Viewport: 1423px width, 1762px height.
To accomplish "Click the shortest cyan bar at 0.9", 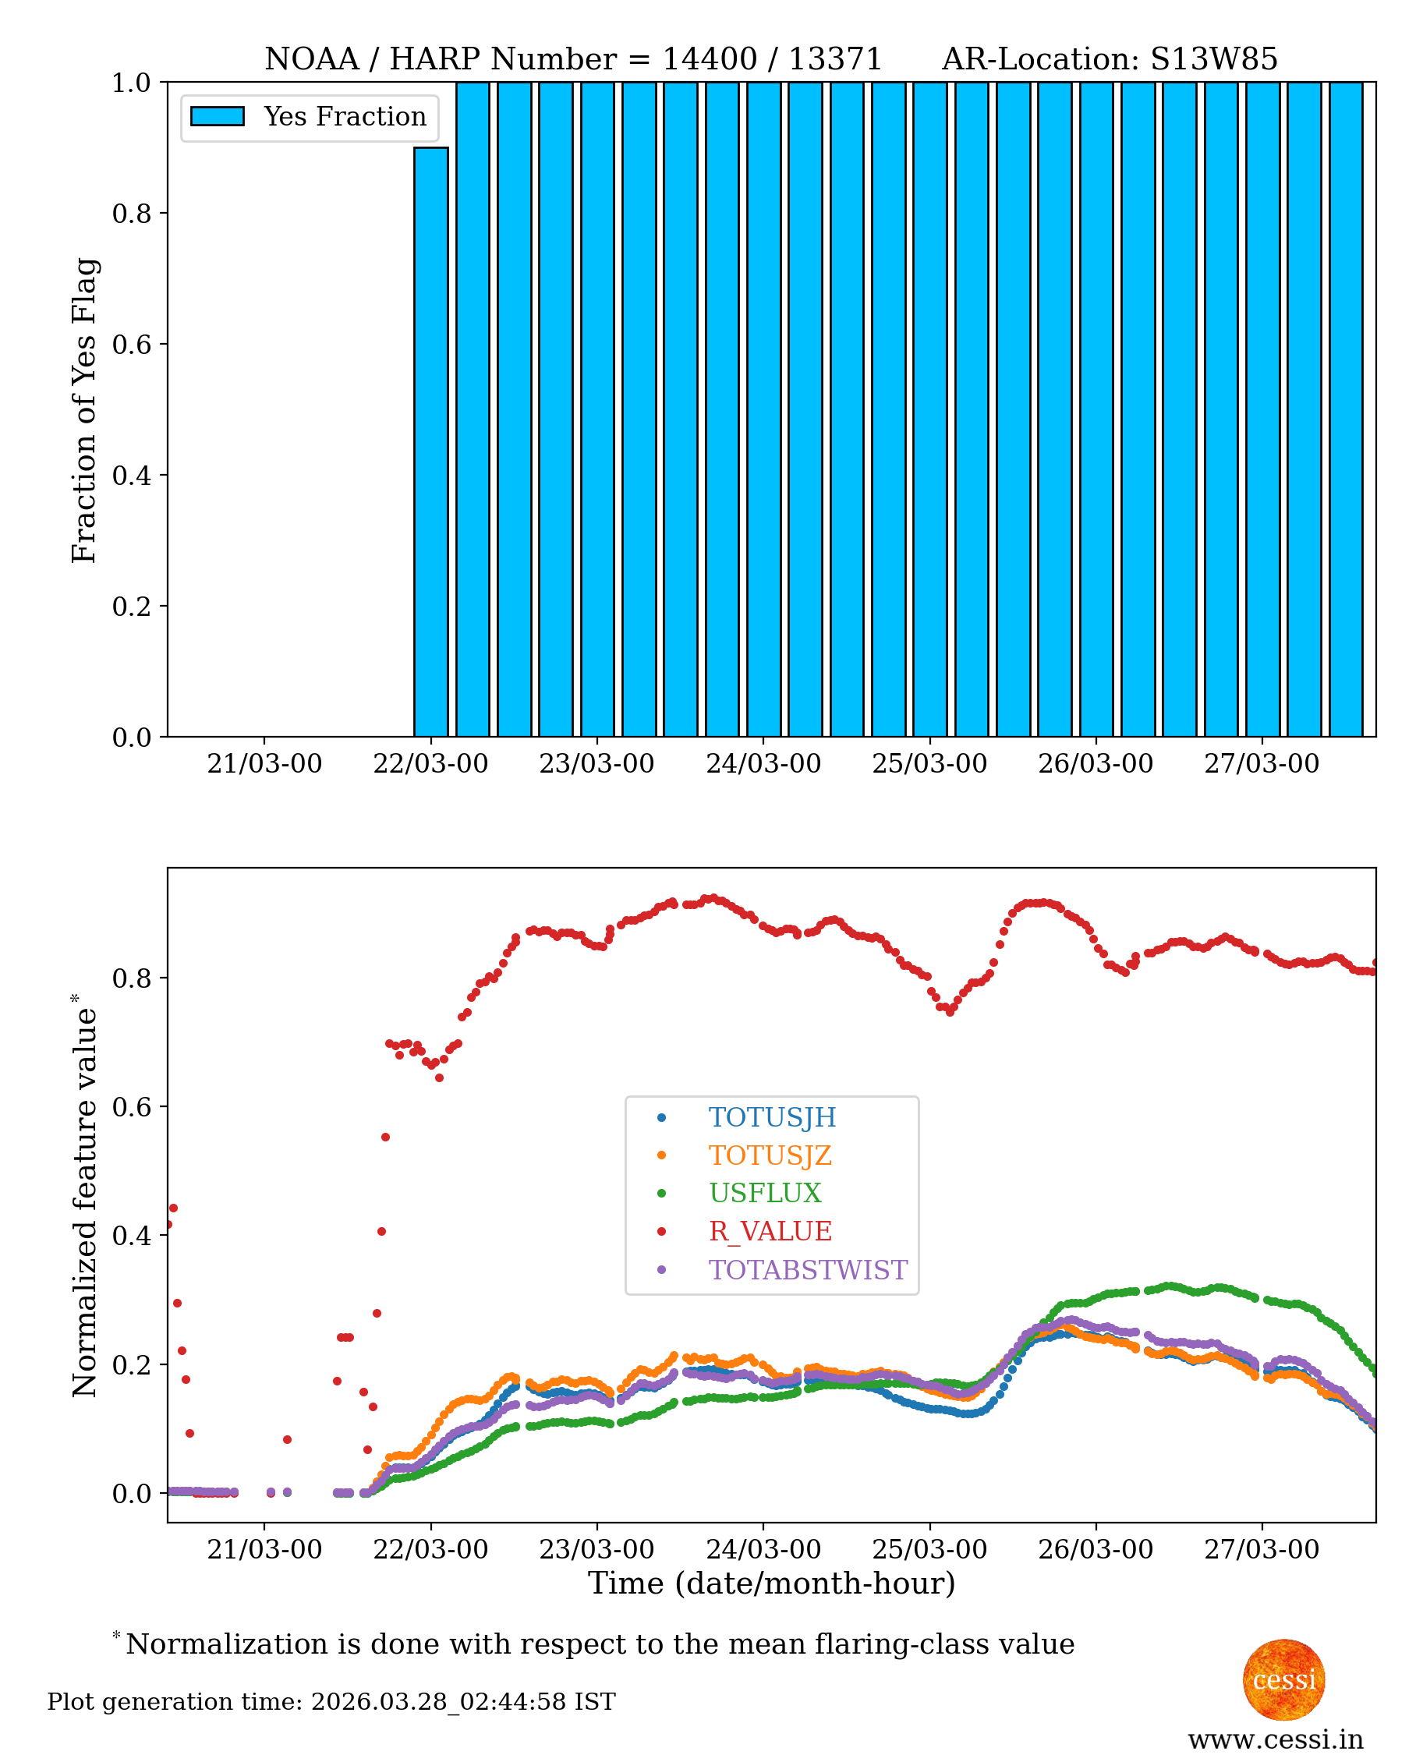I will tap(431, 442).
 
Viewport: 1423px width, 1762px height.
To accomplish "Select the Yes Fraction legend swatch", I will tap(218, 116).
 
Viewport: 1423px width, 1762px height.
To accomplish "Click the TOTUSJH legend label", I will tap(772, 1118).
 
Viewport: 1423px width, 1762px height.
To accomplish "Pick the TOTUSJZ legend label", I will tap(770, 1155).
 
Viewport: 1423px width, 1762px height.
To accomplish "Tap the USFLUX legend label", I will tap(765, 1193).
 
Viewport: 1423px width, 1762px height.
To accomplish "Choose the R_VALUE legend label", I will tap(770, 1231).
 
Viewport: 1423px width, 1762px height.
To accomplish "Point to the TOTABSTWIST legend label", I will tap(807, 1269).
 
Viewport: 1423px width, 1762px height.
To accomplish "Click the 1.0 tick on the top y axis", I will tap(131, 83).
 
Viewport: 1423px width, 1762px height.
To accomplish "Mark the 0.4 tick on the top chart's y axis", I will tap(131, 476).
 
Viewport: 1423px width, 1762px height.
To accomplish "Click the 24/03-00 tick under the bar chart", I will tap(763, 764).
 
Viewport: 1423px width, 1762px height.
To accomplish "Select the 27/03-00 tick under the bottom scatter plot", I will tap(1262, 1550).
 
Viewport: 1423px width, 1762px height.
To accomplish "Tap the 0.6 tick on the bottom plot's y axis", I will tap(131, 1107).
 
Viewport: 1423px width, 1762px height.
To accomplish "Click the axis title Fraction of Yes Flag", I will tap(84, 410).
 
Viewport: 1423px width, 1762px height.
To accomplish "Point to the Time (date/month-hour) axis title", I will tap(771, 1583).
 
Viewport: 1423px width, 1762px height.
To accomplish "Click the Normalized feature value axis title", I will tap(84, 1197).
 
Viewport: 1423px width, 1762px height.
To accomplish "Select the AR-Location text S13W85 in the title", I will tap(1214, 59).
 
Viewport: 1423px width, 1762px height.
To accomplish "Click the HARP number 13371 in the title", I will tap(834, 59).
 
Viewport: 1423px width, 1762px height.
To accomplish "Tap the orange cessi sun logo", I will tap(1283, 1680).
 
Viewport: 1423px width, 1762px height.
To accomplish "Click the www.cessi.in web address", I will tap(1276, 1739).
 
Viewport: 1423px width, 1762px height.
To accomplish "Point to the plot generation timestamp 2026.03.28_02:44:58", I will tap(438, 1702).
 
